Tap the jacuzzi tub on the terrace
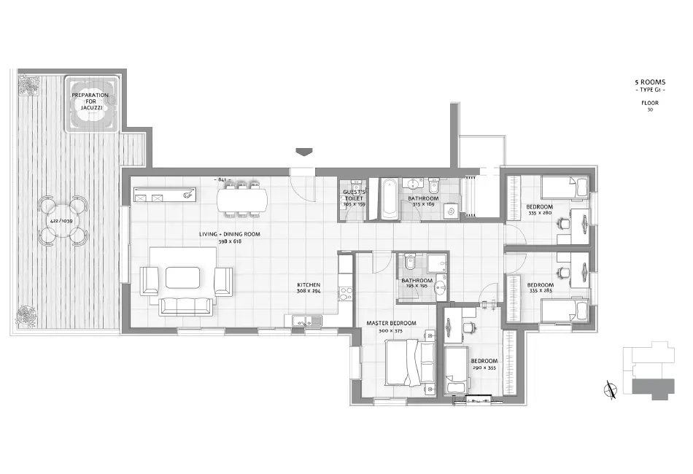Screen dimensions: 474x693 click(x=91, y=104)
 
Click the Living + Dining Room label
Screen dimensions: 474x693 click(x=230, y=234)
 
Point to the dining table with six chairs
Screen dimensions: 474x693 click(x=242, y=199)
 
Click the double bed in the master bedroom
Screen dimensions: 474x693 click(x=408, y=362)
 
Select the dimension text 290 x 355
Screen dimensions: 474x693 click(x=484, y=368)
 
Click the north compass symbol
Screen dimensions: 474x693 click(x=609, y=389)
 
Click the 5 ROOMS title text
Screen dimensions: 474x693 click(x=649, y=82)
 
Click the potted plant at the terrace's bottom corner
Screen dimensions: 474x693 click(x=27, y=316)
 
